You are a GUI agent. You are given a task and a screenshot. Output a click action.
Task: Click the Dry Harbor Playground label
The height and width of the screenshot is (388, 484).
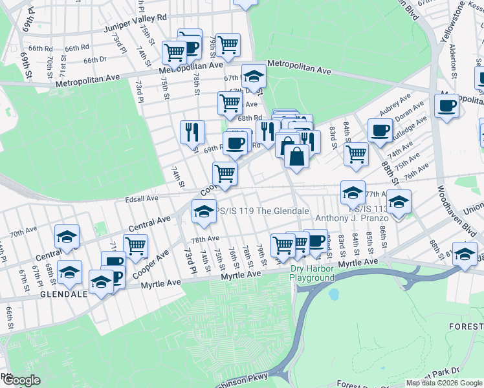(x=313, y=273)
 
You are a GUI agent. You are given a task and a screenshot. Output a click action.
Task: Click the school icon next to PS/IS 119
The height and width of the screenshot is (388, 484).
(x=204, y=211)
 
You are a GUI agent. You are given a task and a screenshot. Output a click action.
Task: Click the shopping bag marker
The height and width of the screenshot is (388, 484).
(x=296, y=156)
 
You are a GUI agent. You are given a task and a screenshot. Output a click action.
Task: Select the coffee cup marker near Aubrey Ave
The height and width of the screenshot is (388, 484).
(x=380, y=130)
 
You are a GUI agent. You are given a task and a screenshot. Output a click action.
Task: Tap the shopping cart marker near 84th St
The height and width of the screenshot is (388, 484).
(x=355, y=154)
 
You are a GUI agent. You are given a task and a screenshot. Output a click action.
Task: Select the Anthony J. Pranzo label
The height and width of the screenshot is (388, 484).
(x=351, y=219)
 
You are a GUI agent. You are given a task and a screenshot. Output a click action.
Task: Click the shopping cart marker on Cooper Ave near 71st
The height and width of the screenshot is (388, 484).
(x=135, y=245)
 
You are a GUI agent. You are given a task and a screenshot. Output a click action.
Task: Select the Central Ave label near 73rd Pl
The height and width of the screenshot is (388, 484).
(x=149, y=224)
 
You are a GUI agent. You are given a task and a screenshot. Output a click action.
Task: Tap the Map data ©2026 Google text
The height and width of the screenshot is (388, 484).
(x=444, y=383)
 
